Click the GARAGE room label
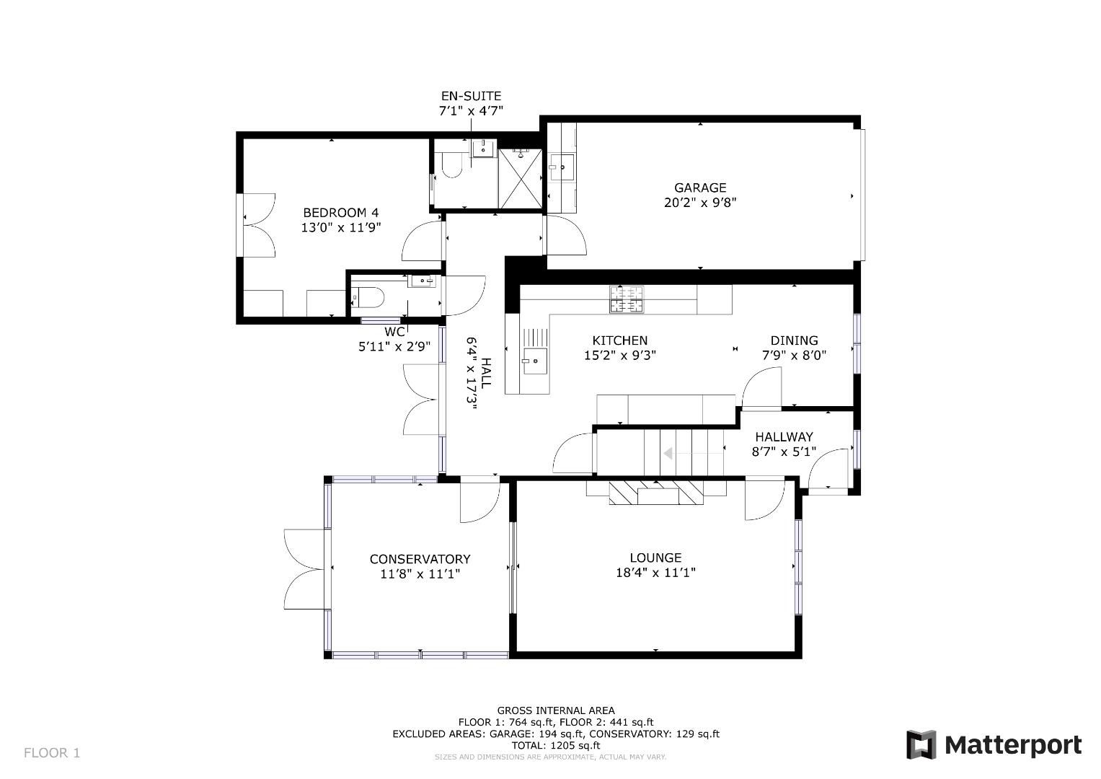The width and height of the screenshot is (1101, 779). pos(699,188)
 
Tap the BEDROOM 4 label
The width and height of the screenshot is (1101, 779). pos(340,213)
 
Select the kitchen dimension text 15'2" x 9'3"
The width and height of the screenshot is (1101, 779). pos(619,356)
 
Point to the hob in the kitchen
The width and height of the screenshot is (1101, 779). pos(626,299)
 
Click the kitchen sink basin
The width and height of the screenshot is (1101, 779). pos(535,361)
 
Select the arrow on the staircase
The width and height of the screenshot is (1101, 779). pos(668,454)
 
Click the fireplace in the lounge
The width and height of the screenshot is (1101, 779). pos(655,493)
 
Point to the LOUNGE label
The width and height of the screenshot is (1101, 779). pos(655,558)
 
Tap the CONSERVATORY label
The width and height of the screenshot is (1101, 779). pos(420,559)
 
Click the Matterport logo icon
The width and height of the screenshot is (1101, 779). pos(921,745)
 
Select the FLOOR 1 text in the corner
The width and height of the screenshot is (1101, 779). pos(52,753)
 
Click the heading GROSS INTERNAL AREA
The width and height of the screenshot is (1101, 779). pos(555,710)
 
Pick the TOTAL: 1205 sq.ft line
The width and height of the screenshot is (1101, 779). pos(555,745)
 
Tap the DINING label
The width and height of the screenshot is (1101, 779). pos(794,340)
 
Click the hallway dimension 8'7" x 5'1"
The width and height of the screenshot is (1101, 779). pos(784,452)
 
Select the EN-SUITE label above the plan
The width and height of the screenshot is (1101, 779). pos(471,96)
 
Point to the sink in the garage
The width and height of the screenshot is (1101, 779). pos(562,167)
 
